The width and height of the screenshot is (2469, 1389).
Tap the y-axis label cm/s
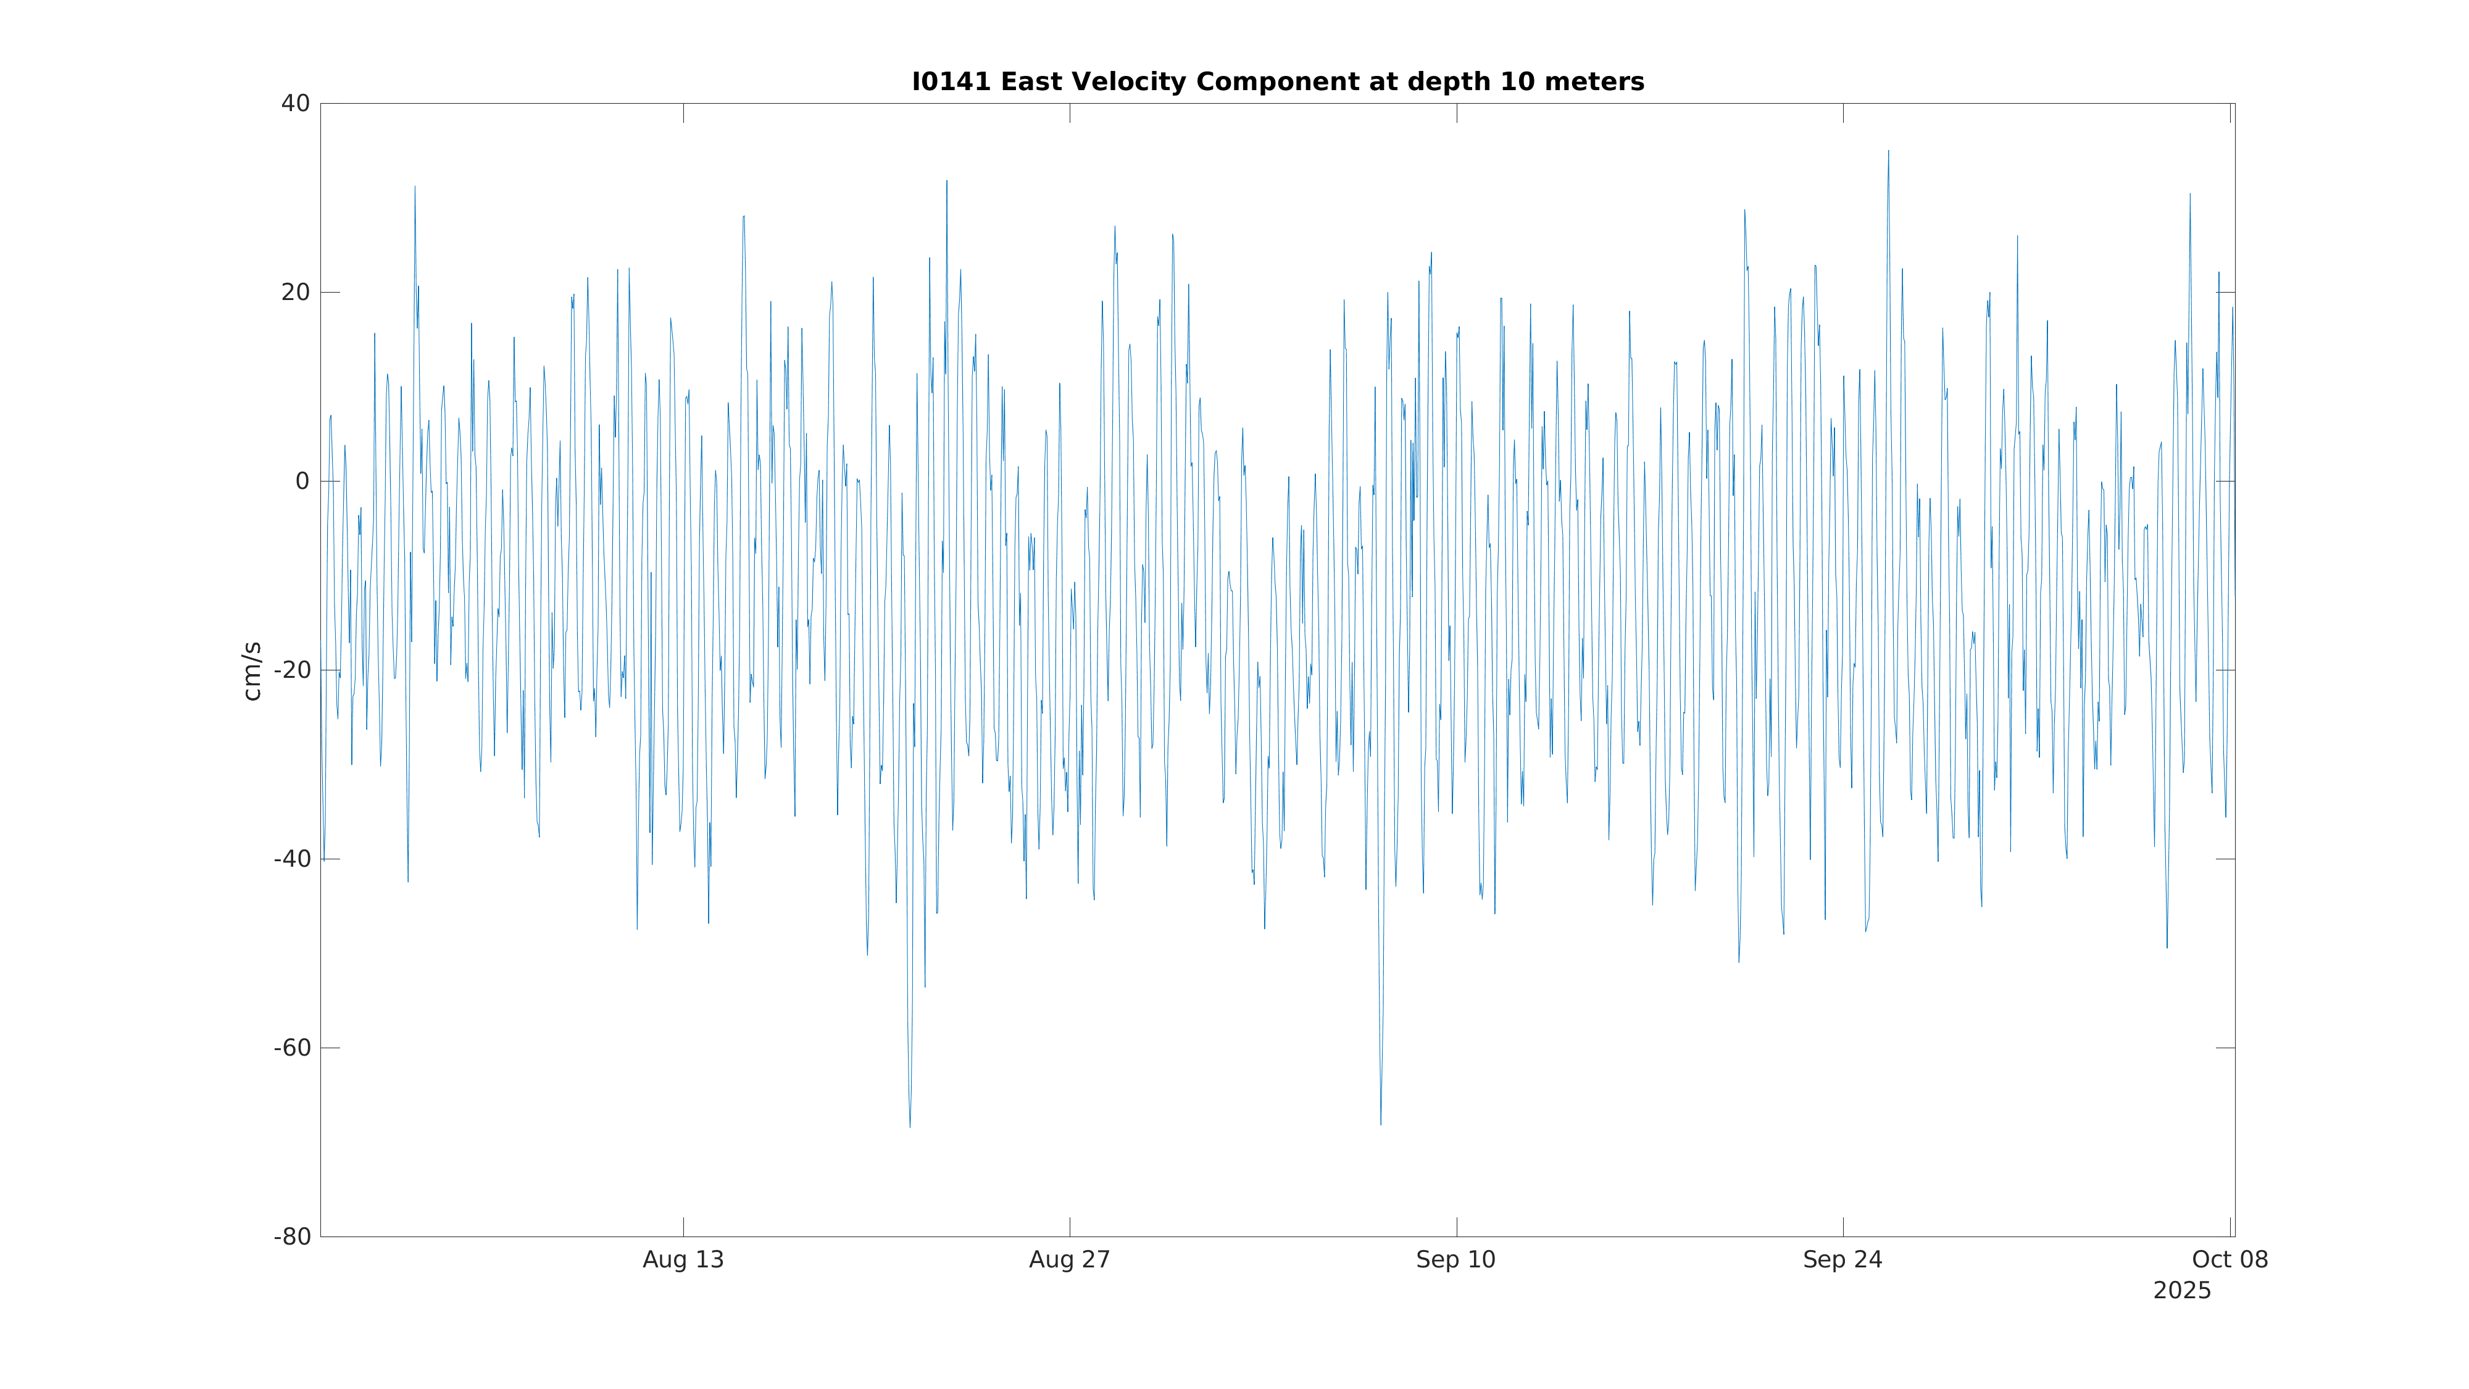[252, 671]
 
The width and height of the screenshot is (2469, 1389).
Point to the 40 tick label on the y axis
[295, 104]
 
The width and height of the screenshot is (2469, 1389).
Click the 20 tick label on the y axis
[295, 293]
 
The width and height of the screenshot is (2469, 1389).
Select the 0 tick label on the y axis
[302, 482]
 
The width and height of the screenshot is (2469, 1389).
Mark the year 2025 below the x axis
[2181, 1291]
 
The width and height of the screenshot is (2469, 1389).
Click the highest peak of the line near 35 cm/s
[1888, 151]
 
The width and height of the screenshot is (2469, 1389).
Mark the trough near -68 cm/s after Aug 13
[910, 1125]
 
